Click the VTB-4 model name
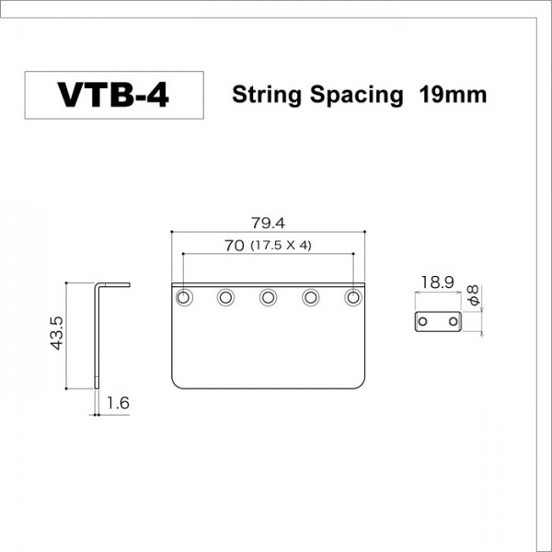113,95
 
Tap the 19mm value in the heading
451,95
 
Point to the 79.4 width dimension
269,222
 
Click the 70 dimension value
233,246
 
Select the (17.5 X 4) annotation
281,247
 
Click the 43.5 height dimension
57,333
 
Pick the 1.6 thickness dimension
117,402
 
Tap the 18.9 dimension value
435,282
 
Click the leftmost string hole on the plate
184,298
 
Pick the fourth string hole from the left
311,298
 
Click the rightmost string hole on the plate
353,298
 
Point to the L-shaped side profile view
98,331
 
